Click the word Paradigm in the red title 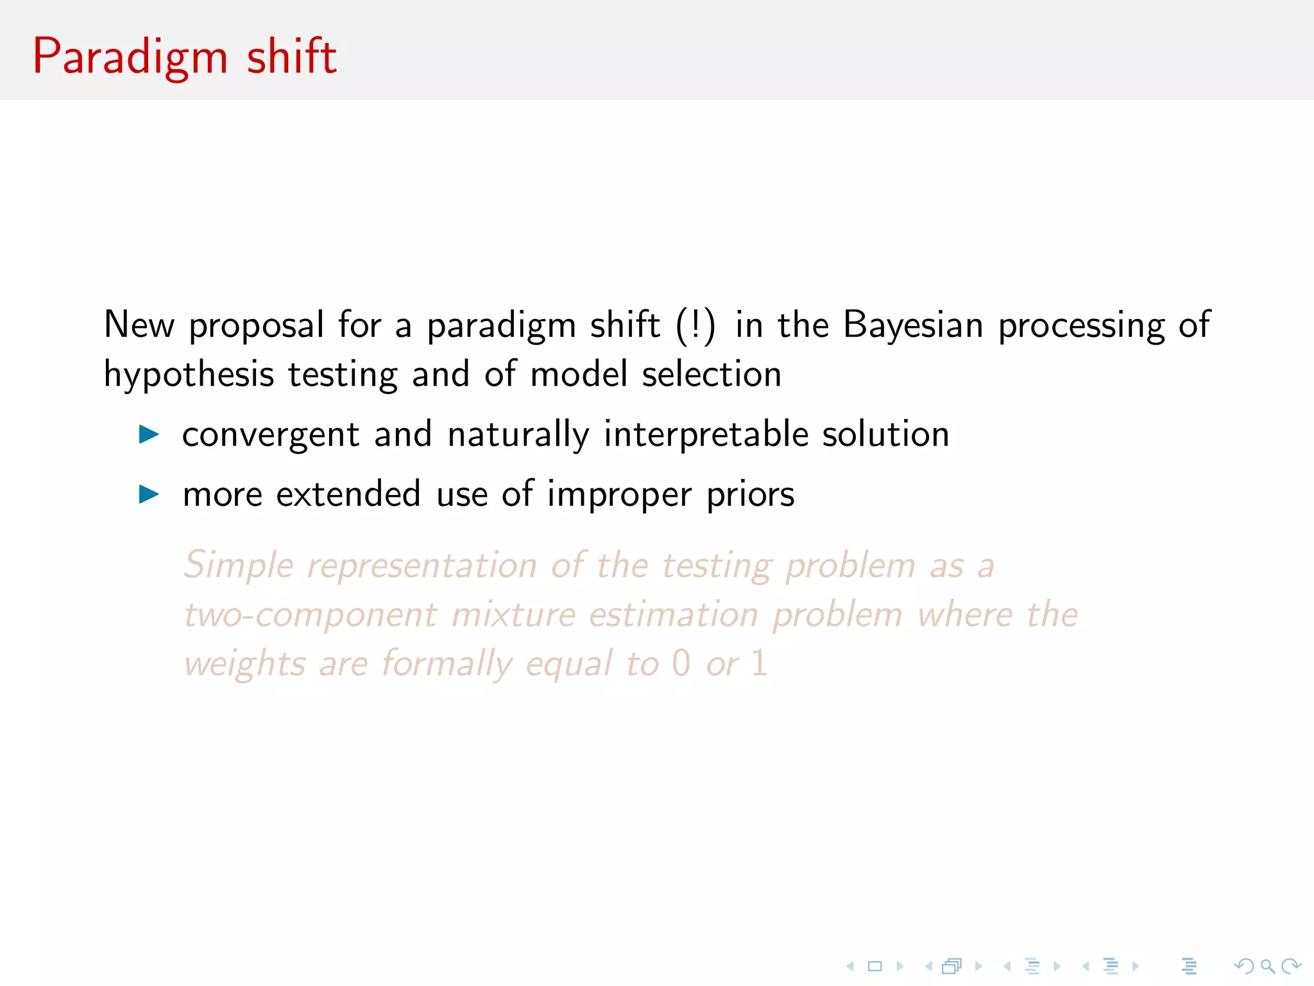[x=130, y=58]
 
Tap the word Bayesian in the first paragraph [x=912, y=325]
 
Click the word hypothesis [x=188, y=375]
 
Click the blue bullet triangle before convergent [x=149, y=435]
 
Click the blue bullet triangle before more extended [x=149, y=494]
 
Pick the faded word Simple [x=239, y=566]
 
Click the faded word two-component [x=311, y=615]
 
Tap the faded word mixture [x=513, y=615]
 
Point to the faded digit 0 [x=681, y=663]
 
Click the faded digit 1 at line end [x=759, y=663]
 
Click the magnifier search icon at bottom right [x=1267, y=966]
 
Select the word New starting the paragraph [x=139, y=325]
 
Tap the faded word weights [x=244, y=664]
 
